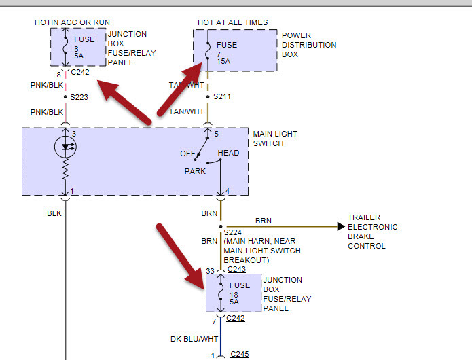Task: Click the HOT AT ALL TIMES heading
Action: (x=232, y=22)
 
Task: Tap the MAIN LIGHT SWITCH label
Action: (x=275, y=139)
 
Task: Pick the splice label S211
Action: (x=222, y=97)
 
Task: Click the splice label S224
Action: (x=233, y=232)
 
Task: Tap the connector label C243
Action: (x=237, y=269)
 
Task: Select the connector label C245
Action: (x=240, y=354)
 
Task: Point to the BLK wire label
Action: (x=54, y=213)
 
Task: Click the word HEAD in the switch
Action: (x=228, y=153)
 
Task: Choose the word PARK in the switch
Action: (x=195, y=171)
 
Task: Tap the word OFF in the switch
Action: (x=187, y=154)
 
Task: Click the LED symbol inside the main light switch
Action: (x=65, y=147)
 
